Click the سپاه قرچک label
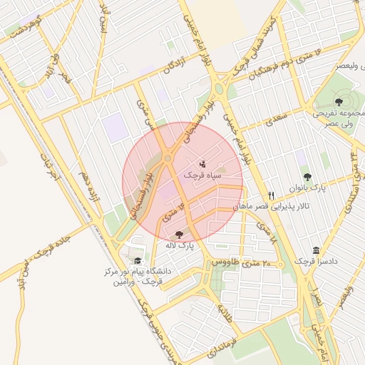coord(203,175)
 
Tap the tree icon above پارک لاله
coord(178,234)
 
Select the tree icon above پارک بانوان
coord(307,176)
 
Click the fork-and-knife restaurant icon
coord(271,195)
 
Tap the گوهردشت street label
coord(25,24)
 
